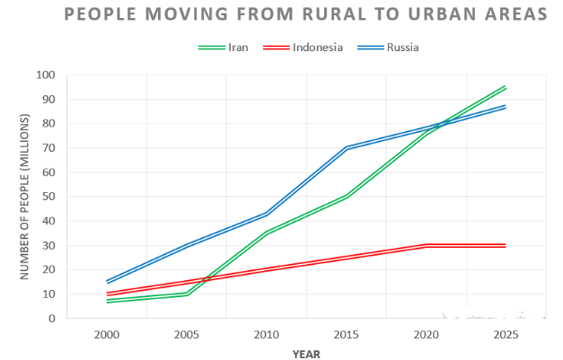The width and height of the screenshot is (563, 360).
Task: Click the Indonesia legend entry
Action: coord(317,47)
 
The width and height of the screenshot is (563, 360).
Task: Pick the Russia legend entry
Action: coord(402,47)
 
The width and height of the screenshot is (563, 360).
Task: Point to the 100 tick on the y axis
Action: coord(45,75)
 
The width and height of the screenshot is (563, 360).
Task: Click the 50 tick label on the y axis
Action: coord(48,197)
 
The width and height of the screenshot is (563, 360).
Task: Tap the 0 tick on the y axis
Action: coord(52,319)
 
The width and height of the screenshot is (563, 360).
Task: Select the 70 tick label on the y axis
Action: coord(48,148)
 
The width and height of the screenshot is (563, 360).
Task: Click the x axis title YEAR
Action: coord(306,353)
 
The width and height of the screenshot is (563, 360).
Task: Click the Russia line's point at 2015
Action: coord(346,147)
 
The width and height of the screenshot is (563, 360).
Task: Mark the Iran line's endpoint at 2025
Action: coord(506,87)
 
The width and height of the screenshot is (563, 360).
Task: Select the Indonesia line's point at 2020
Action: coord(426,245)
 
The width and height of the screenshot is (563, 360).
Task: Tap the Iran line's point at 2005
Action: coord(187,294)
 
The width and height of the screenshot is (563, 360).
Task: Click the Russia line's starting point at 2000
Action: coord(107,282)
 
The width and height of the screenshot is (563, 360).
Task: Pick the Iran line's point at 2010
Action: coord(267,233)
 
